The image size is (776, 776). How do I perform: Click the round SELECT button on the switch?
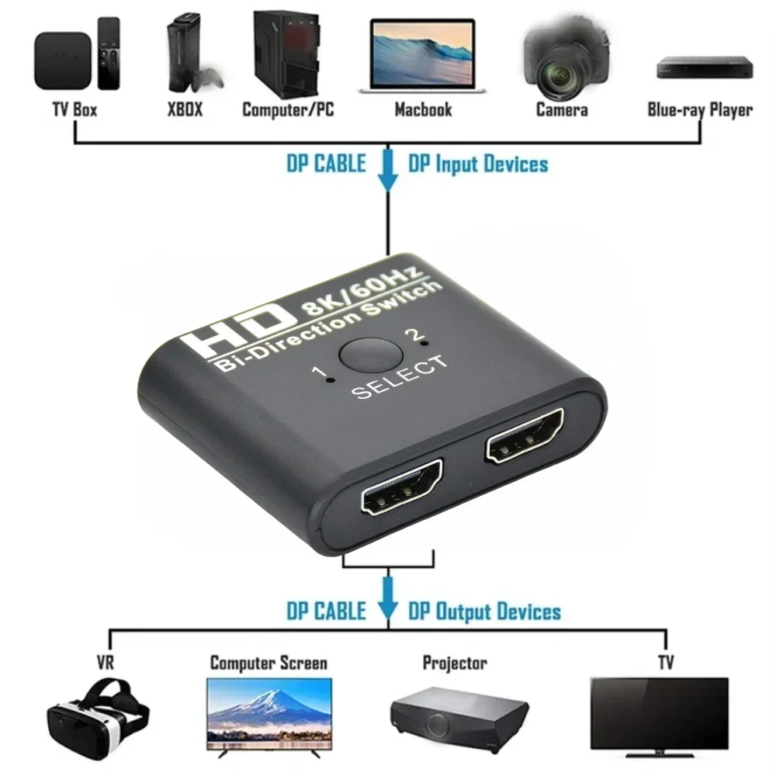pyautogui.click(x=369, y=355)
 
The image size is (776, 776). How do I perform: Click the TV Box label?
pyautogui.click(x=74, y=109)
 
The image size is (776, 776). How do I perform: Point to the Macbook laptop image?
pyautogui.click(x=422, y=58)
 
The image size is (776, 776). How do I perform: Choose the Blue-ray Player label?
pyautogui.click(x=700, y=109)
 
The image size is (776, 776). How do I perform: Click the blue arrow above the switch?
pyautogui.click(x=387, y=171)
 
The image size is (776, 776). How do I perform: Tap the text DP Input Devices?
pyautogui.click(x=478, y=165)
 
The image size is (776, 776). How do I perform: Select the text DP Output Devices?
pyautogui.click(x=484, y=611)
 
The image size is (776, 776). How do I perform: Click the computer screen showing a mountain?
pyautogui.click(x=269, y=712)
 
